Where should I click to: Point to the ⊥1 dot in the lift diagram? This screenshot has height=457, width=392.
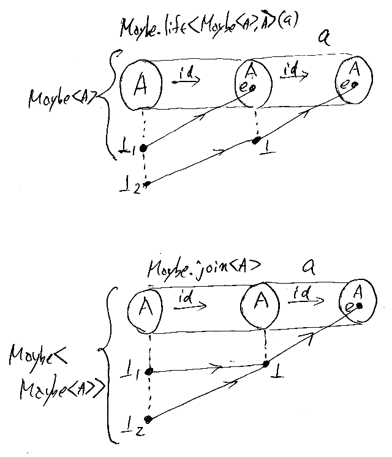pos(143,148)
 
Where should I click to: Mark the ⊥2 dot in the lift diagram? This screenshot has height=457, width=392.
pos(146,183)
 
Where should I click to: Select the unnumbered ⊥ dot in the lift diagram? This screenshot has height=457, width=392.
pos(255,141)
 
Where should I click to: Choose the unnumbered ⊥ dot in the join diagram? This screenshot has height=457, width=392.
pos(265,364)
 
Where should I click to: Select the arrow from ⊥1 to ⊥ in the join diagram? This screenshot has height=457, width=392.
pos(208,368)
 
